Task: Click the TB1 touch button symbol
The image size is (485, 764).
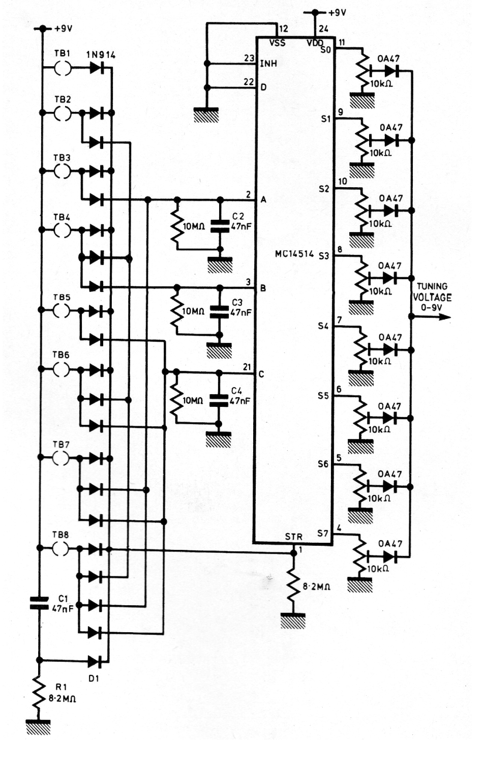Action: coord(63,69)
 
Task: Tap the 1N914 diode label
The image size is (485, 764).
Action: coord(101,55)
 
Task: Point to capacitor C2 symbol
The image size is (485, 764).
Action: coord(220,226)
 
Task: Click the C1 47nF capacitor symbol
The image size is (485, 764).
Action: coord(39,603)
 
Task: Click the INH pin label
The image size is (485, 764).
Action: coord(268,64)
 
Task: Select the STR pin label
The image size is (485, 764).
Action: coord(294,537)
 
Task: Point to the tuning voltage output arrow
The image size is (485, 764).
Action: coord(431,317)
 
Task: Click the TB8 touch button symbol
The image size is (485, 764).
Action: coord(61,548)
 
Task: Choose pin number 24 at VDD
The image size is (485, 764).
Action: coord(323,29)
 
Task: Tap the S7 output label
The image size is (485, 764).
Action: coord(323,533)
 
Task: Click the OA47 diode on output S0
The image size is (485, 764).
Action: coord(392,71)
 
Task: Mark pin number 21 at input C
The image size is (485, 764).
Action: coord(247,367)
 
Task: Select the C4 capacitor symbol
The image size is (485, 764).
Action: coord(219,401)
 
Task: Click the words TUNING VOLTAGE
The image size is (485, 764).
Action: coord(432,292)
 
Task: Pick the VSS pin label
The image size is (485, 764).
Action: coord(278,43)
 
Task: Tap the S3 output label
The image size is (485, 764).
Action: coord(324,256)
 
